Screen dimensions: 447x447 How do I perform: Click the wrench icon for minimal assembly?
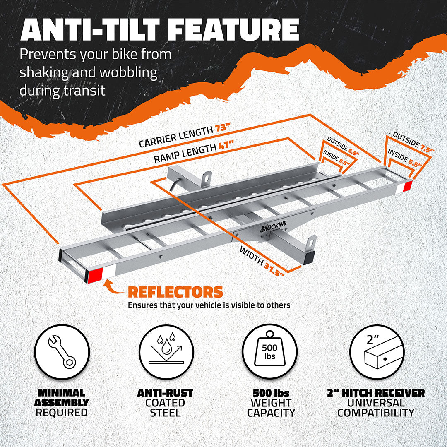pos(62,352)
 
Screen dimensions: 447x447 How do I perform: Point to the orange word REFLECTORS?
pos(175,292)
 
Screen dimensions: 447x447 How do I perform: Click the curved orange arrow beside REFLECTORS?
pos(113,286)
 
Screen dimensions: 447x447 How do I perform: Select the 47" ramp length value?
pos(226,145)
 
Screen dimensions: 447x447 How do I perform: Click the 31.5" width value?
pos(274,269)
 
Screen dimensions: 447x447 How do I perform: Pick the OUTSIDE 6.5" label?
pos(343,146)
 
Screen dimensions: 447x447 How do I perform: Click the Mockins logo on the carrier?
pos(274,226)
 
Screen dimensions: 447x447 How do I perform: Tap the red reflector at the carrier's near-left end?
pos(95,275)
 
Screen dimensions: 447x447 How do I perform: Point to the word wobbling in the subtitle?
pos(129,72)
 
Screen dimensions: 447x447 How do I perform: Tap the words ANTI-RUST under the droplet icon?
pos(165,393)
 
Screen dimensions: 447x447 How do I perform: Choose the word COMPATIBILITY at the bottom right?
pos(376,413)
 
